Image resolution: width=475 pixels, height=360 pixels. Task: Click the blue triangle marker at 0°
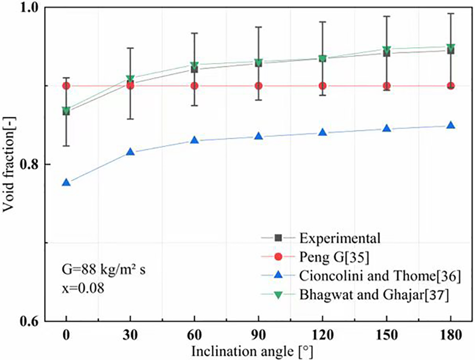(66, 183)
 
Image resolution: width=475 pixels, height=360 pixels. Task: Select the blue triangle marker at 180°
(451, 126)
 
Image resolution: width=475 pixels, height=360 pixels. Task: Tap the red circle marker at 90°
(259, 86)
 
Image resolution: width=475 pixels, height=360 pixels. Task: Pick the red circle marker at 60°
(194, 86)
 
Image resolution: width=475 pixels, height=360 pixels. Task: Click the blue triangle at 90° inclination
(259, 137)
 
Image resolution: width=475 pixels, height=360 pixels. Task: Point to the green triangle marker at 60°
(194, 66)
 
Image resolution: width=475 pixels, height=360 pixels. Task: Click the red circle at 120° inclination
(322, 86)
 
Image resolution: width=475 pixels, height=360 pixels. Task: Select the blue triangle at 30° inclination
(130, 152)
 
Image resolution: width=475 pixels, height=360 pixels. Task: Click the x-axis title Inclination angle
(258, 352)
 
